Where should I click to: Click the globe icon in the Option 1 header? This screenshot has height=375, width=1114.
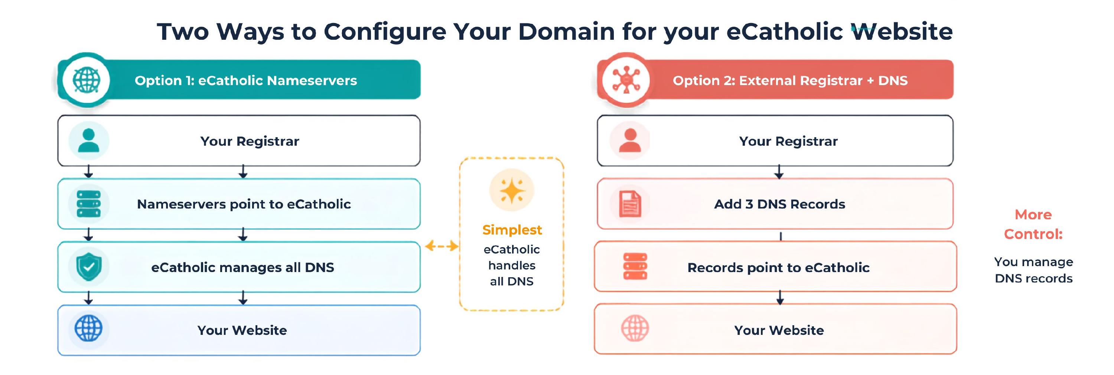[86, 80]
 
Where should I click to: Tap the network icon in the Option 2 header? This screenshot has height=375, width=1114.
[626, 80]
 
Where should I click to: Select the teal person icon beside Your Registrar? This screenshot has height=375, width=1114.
[89, 140]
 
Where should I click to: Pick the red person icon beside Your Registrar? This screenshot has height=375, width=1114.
[630, 140]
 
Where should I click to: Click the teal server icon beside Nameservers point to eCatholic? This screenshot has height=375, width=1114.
[89, 204]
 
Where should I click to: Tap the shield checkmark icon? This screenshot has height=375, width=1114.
[89, 267]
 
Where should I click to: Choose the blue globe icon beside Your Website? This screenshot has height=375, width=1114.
[89, 328]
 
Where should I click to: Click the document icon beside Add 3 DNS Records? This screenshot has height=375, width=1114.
[630, 204]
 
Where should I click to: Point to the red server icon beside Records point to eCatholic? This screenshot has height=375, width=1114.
[635, 266]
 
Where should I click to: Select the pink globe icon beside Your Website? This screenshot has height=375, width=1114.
[635, 328]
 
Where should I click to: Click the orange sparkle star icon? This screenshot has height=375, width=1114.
[512, 191]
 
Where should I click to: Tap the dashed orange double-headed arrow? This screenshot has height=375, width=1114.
[442, 246]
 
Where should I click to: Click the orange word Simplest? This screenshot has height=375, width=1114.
[512, 230]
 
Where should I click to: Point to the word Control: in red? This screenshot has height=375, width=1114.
[1033, 234]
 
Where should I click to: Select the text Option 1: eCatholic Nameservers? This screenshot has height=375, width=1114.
[245, 81]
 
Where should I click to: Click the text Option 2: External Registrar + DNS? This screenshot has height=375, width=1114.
[790, 81]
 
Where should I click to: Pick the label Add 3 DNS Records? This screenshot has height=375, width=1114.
[780, 204]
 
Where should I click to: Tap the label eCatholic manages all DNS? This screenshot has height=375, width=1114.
[242, 268]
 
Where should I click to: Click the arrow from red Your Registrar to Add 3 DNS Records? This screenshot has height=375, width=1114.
[779, 171]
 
